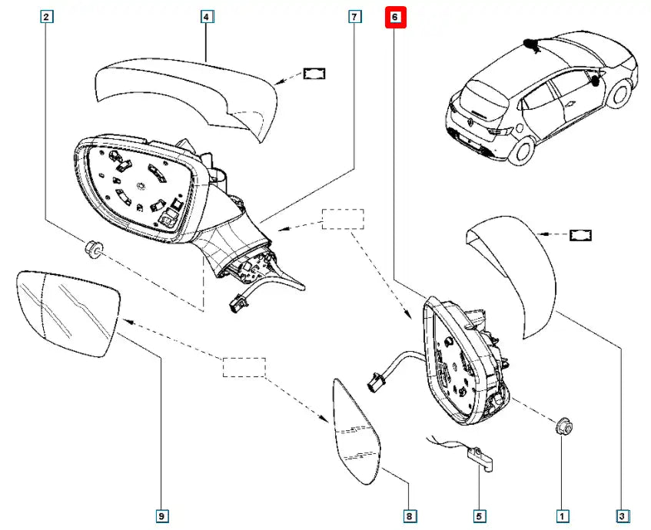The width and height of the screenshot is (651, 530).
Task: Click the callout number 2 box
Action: (48, 16)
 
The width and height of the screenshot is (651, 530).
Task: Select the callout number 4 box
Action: (208, 16)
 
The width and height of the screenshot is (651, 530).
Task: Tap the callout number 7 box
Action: (354, 16)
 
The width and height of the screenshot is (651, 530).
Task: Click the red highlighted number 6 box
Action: (395, 17)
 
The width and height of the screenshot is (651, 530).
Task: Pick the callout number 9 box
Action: (161, 517)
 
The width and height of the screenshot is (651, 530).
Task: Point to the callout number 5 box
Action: (479, 517)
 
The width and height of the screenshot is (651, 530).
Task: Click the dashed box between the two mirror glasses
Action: (244, 368)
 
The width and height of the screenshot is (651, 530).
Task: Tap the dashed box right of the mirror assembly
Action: (343, 219)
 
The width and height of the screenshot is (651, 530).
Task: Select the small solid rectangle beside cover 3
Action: (580, 234)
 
